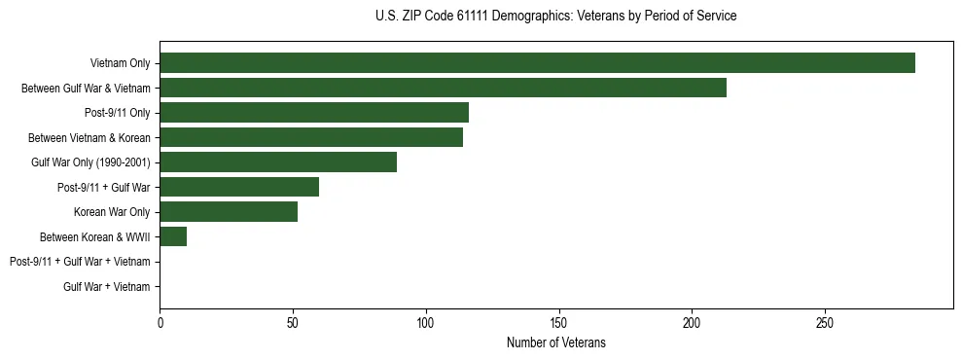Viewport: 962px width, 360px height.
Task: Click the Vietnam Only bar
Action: coord(537,63)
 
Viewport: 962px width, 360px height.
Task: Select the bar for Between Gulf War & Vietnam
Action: coord(443,88)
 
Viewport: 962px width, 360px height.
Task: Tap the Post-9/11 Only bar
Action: coord(314,113)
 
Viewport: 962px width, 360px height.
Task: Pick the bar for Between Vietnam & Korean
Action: coord(311,137)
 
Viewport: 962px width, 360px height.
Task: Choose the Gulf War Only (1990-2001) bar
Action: coord(278,162)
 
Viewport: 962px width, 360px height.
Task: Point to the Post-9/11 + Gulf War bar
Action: coord(239,187)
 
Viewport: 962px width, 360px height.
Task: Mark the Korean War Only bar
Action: coord(229,212)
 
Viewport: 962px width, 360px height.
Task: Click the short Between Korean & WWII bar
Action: coord(173,236)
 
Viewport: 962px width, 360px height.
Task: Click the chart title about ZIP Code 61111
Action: coord(555,17)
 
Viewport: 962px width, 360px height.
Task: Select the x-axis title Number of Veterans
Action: coord(555,342)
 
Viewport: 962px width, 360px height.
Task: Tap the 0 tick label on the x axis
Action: coord(160,322)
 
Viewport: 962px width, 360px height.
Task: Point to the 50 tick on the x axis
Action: coord(293,322)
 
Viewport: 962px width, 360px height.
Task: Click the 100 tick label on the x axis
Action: coord(425,322)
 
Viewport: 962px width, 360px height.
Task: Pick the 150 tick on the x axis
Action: coord(558,322)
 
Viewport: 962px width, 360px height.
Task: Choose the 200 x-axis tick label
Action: coord(692,322)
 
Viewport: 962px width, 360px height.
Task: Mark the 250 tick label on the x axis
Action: coord(824,322)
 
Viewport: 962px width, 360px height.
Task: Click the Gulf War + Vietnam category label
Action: coord(107,286)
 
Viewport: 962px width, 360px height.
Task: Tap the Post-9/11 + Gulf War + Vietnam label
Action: coord(80,262)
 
